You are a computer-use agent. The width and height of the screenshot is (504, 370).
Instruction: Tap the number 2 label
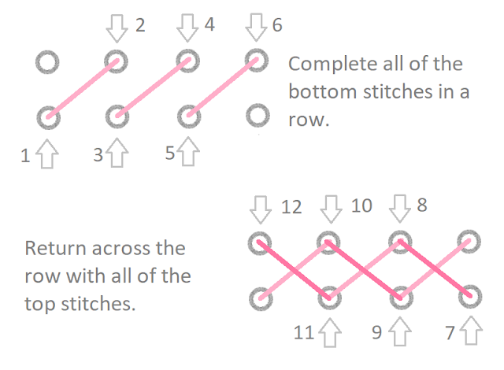140,25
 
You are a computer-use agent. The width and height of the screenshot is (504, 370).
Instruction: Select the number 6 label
277,25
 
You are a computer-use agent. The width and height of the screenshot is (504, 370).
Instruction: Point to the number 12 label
291,208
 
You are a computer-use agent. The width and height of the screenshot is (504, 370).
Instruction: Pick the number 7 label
450,332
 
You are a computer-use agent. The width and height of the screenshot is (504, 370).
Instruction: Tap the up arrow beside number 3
117,153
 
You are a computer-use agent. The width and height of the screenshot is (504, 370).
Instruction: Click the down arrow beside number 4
187,28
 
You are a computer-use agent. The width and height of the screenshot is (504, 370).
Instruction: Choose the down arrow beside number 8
399,209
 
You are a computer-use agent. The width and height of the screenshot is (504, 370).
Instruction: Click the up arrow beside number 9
399,332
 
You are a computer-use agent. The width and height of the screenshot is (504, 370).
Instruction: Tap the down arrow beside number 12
259,209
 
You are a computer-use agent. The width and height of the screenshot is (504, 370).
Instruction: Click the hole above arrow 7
470,296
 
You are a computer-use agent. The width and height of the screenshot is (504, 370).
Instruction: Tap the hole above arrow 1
47,117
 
